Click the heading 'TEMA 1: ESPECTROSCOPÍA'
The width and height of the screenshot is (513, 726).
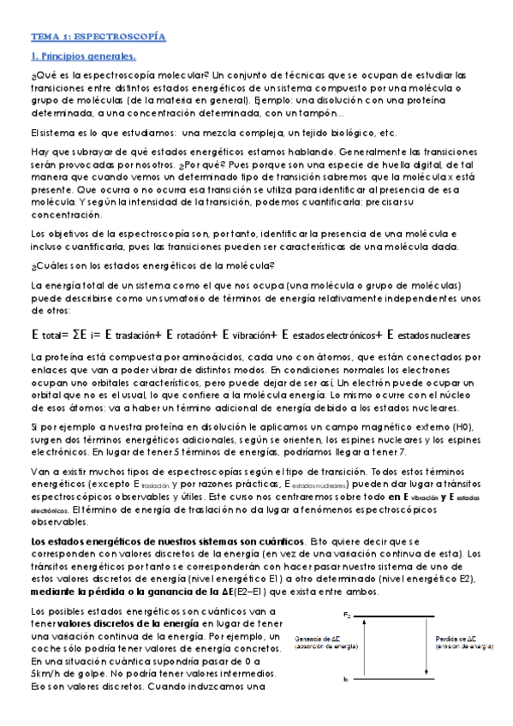pyautogui.click(x=98, y=38)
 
